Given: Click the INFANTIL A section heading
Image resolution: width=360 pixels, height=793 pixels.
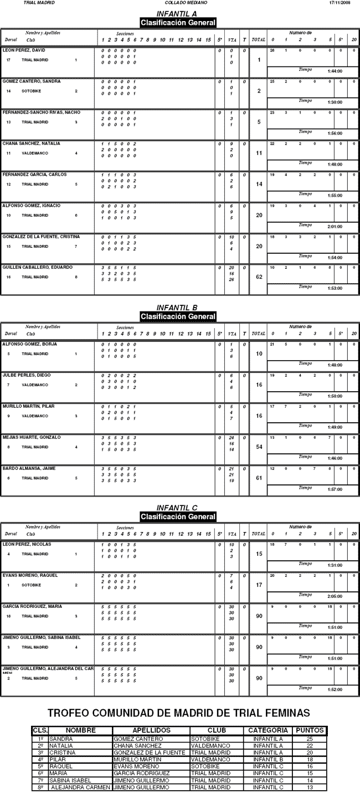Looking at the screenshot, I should click(x=177, y=14).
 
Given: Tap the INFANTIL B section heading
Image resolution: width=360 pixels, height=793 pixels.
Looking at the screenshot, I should click(x=177, y=308).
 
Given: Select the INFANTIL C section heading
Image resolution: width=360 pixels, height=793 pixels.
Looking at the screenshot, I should click(x=177, y=508).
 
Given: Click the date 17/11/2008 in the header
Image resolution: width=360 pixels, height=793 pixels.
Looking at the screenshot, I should click(x=340, y=3).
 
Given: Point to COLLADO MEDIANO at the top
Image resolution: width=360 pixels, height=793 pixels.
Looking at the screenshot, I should click(x=178, y=3).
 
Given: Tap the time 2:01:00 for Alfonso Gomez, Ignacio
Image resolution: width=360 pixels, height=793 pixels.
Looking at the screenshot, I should click(x=335, y=226).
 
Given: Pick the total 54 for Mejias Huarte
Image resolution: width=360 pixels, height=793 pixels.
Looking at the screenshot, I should click(x=259, y=447).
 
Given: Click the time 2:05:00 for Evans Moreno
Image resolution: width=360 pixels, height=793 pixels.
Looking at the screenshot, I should click(x=335, y=596).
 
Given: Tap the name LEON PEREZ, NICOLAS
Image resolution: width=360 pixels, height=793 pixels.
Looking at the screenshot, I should click(x=27, y=544).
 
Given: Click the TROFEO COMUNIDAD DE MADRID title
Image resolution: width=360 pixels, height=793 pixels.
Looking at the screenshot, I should click(x=179, y=713).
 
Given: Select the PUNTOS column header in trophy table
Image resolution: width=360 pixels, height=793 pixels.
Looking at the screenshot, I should click(x=310, y=730).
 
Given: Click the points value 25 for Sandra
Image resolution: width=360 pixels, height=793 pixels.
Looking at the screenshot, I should click(x=310, y=739).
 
